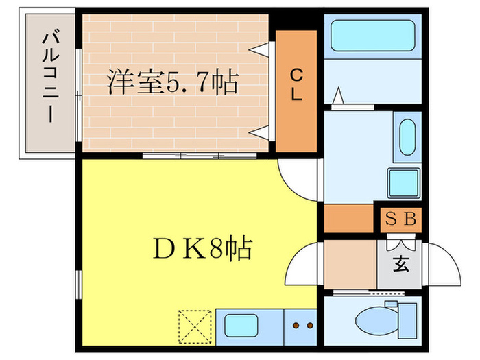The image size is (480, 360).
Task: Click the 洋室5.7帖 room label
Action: [171, 82]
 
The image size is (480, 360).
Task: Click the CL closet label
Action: [296, 84]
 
